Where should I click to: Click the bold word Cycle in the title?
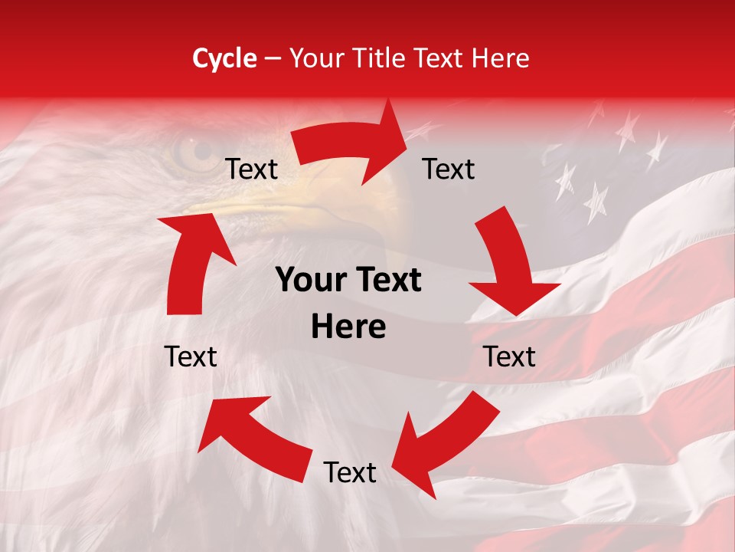pos(224,58)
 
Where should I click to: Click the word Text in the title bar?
pos(437,58)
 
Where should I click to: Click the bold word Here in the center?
pos(348,327)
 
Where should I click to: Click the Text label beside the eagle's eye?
pos(251,169)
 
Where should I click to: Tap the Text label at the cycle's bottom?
pos(350,473)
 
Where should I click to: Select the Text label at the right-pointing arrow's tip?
pos(449,169)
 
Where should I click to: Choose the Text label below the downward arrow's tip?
pos(509,356)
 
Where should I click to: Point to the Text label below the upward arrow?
pos(191,356)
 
